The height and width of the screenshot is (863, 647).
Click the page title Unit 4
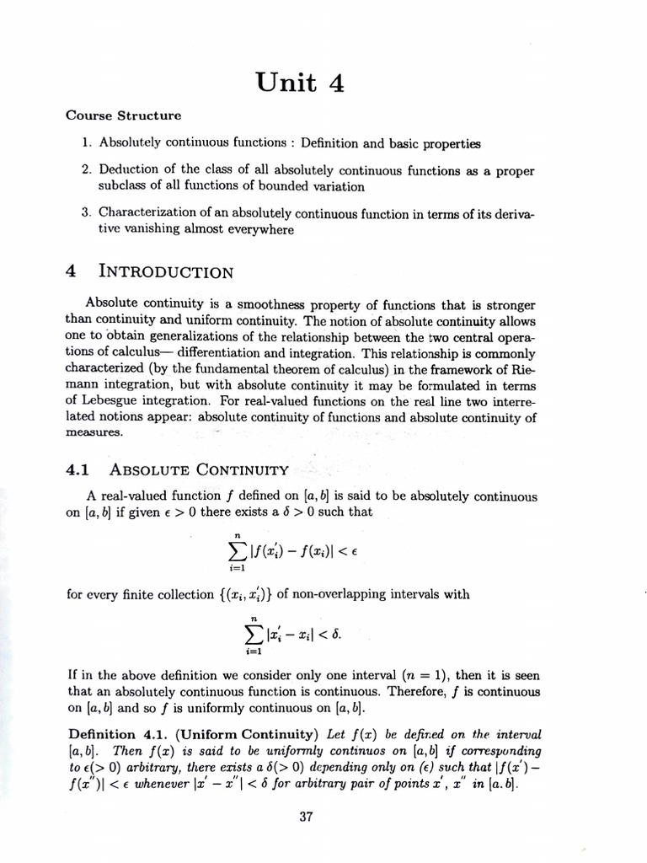click(300, 83)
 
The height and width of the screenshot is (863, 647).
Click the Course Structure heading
click(123, 115)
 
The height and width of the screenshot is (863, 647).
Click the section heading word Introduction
click(165, 271)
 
